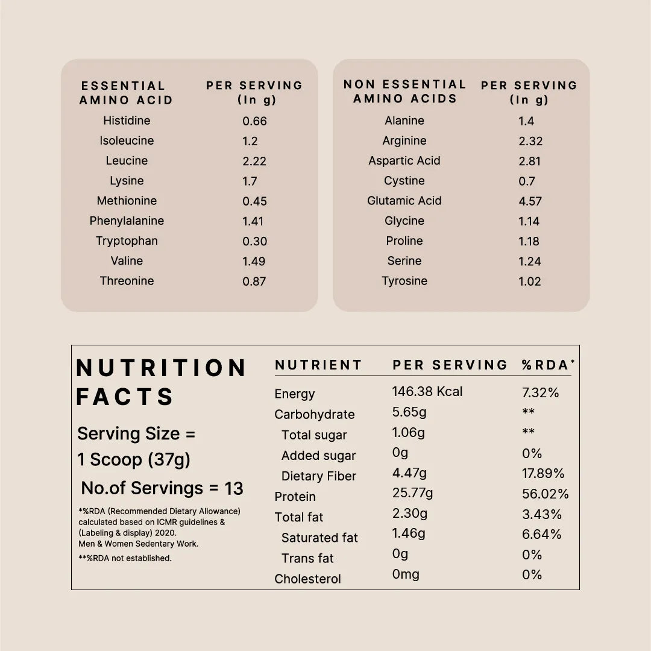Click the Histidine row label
[127, 121]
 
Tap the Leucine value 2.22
[254, 161]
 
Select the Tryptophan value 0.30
[254, 241]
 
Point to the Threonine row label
[127, 281]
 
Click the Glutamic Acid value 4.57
[530, 201]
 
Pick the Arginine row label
[404, 140]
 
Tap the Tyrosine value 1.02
[530, 281]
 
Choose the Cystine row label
[404, 181]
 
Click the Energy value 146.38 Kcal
[427, 392]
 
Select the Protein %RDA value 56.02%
[545, 494]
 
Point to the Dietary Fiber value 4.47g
[409, 474]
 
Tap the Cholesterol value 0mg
[406, 574]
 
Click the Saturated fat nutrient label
[319, 538]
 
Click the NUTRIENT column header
[318, 365]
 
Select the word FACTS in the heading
[125, 397]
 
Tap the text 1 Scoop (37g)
[134, 460]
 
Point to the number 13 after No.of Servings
[234, 488]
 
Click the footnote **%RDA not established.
[125, 558]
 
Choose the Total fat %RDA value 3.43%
[541, 514]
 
